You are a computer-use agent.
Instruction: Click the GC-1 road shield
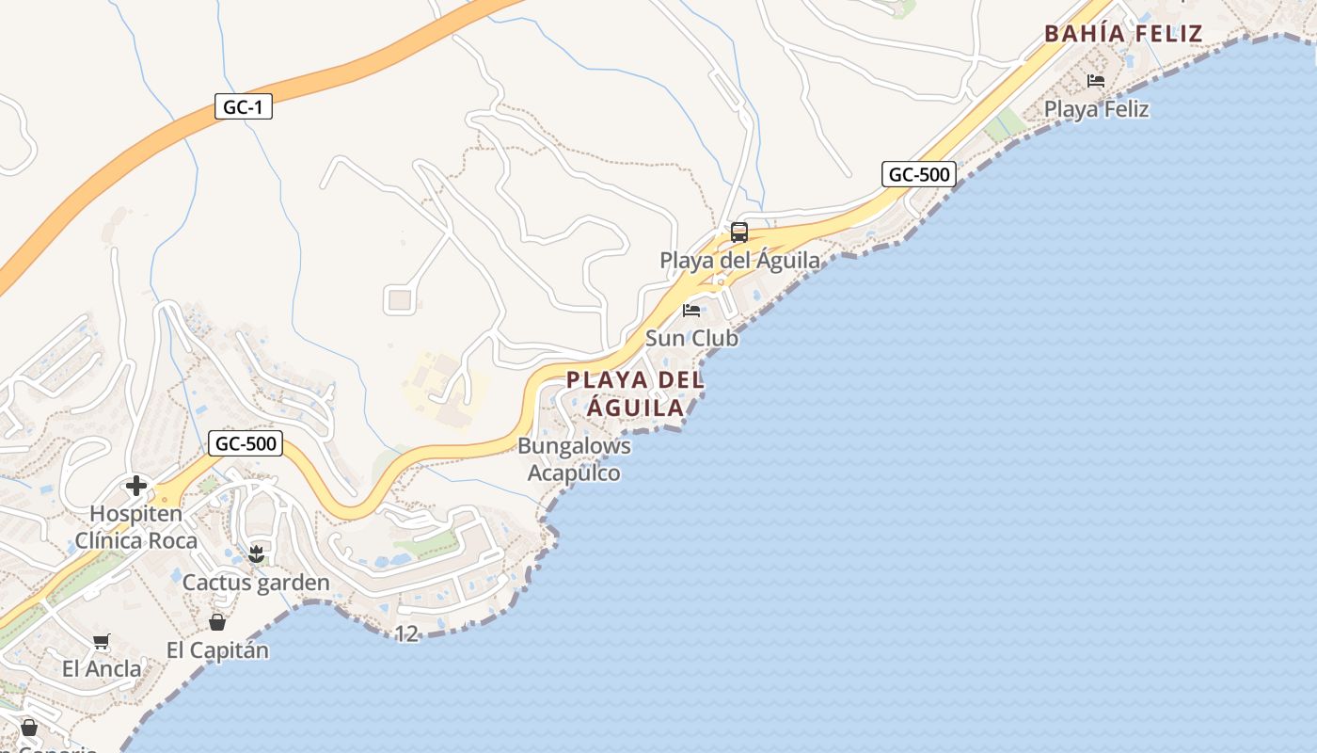(x=243, y=107)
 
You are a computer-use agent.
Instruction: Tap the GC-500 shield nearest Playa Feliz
(x=919, y=174)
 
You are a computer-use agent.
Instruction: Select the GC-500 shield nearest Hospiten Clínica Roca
(x=246, y=443)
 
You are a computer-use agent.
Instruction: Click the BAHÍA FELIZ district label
(x=1123, y=34)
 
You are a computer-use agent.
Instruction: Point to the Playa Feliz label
(x=1096, y=109)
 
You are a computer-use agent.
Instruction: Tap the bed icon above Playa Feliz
(x=1096, y=81)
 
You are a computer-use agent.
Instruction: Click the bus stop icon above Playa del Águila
(x=739, y=232)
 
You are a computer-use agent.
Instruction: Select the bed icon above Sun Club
(x=691, y=311)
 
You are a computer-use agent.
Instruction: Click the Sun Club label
(x=691, y=338)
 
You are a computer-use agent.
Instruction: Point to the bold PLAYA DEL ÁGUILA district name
(x=636, y=393)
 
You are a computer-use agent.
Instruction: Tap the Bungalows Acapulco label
(x=574, y=459)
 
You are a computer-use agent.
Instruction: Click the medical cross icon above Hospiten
(x=136, y=486)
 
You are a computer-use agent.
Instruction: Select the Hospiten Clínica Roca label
(x=136, y=527)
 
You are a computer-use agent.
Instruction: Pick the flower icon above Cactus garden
(x=256, y=554)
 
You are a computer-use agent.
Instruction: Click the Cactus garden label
(x=256, y=583)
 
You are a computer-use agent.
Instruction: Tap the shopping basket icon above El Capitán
(x=217, y=622)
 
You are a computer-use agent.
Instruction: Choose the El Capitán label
(x=217, y=650)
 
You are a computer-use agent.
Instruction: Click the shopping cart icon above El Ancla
(x=102, y=642)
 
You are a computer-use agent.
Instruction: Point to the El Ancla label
(x=102, y=669)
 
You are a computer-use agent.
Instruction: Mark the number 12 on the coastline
(x=406, y=634)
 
